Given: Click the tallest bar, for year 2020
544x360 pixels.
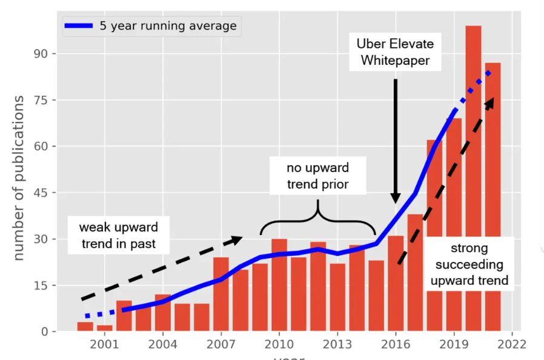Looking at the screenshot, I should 473,182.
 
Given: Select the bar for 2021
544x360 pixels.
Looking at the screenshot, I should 493,200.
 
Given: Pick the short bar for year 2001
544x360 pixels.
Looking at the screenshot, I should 105,328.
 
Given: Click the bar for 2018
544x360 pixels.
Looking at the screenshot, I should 434,242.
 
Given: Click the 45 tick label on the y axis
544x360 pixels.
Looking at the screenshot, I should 47,193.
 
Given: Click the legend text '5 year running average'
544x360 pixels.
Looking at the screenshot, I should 168,26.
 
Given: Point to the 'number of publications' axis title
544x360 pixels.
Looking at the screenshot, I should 19,178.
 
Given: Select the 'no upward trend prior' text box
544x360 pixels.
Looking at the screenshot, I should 317,176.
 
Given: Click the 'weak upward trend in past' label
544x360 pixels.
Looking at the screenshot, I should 118,236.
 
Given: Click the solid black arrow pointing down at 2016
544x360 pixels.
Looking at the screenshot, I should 395,139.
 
